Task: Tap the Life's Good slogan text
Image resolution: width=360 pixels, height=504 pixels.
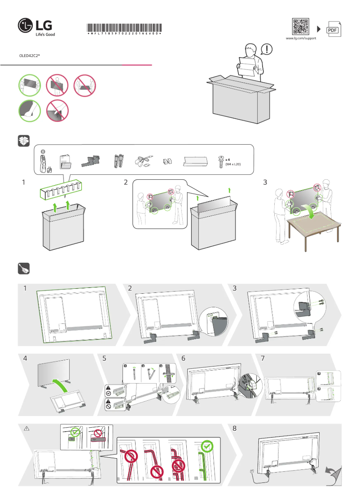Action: point(45,34)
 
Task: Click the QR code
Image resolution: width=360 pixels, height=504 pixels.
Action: point(300,27)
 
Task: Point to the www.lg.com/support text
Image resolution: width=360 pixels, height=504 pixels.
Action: point(301,39)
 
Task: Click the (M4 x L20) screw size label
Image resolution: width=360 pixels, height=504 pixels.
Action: point(233,165)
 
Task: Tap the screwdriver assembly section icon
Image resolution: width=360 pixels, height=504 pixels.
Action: point(23,269)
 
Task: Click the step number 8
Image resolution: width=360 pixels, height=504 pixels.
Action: point(234,429)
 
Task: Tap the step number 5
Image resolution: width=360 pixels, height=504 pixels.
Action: point(104,359)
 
